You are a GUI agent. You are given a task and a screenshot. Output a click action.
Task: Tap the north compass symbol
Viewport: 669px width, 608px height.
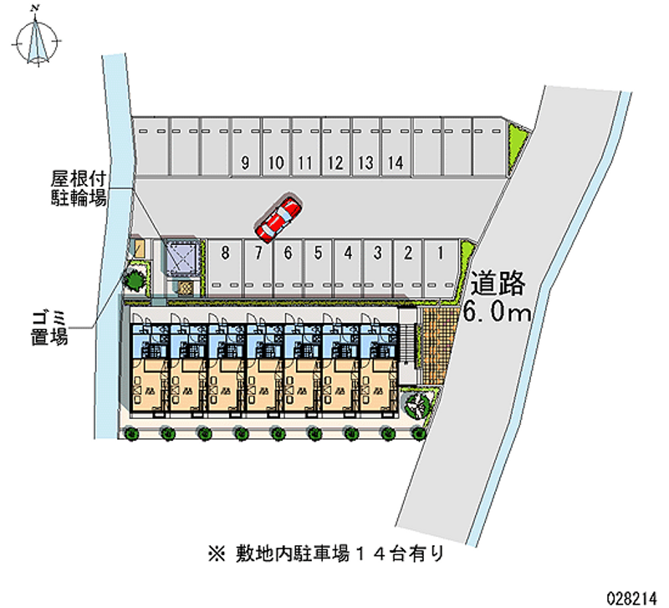37,37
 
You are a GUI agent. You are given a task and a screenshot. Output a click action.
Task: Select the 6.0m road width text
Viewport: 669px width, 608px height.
498,314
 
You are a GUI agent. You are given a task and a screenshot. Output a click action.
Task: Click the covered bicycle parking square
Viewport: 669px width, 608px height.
182,256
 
